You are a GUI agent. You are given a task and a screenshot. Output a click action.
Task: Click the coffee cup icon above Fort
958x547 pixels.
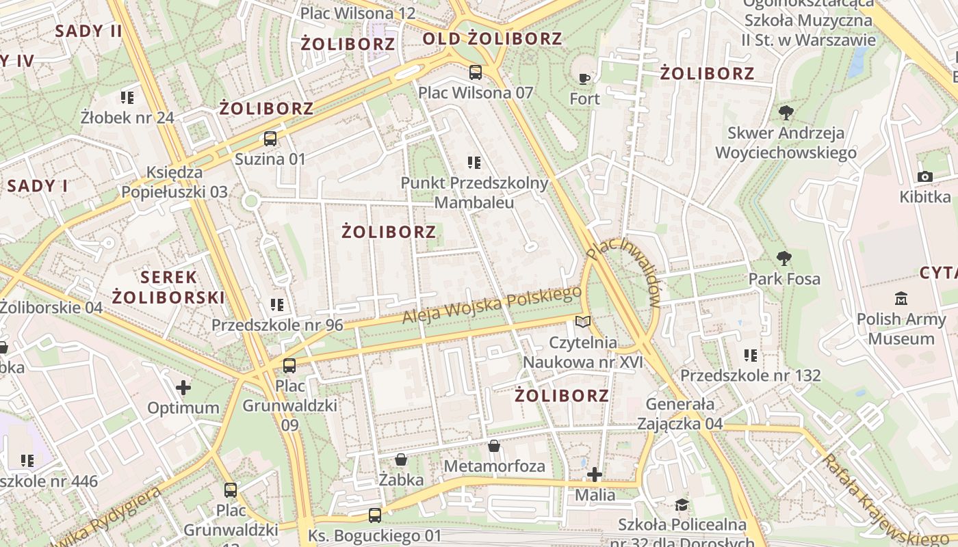584,79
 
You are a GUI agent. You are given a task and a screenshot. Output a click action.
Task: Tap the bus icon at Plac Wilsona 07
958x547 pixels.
475,72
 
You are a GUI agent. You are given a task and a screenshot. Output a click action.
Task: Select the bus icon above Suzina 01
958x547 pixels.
270,139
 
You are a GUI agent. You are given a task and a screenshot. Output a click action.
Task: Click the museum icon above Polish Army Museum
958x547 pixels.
901,299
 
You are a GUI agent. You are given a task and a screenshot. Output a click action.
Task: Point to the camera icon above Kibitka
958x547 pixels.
925,177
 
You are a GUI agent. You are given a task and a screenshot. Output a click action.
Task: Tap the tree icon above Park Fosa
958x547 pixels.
784,258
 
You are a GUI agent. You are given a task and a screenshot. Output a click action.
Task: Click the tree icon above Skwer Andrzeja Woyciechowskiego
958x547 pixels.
786,112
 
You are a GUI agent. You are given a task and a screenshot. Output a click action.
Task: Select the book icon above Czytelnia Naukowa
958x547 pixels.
582,321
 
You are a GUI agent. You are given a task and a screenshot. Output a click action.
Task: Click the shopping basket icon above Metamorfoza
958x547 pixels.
494,446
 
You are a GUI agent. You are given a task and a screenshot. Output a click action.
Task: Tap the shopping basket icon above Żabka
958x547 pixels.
401,459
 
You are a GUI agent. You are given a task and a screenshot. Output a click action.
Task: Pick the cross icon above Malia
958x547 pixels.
595,474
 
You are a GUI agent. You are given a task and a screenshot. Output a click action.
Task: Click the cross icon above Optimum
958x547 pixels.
183,388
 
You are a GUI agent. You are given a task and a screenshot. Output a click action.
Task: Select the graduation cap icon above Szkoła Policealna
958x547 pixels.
682,505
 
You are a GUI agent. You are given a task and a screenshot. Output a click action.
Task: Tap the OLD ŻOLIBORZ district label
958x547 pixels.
492,39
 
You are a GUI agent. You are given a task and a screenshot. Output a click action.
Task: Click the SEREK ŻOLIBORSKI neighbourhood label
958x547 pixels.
168,287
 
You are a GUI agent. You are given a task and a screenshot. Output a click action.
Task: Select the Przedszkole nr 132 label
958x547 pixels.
750,375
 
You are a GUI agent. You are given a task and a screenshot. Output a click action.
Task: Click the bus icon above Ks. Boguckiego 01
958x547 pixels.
374,515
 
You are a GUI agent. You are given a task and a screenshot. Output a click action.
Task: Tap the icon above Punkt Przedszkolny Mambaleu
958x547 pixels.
474,163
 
